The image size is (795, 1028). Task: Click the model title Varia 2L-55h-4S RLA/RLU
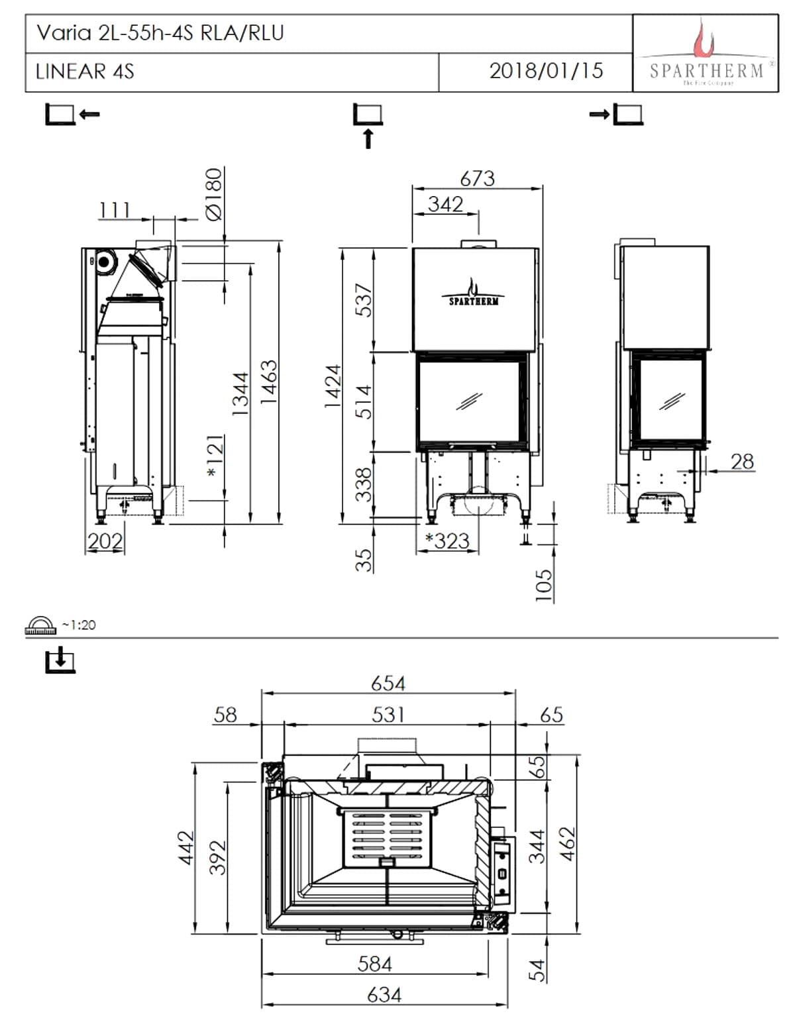160,33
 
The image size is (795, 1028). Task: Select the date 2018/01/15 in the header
546,71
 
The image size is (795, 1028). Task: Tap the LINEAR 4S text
85,72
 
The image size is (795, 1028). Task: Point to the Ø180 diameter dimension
213,193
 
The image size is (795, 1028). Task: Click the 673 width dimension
477,178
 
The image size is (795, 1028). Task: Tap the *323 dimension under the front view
447,540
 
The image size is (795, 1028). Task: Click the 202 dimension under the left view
105,541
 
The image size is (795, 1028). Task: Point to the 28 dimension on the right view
742,461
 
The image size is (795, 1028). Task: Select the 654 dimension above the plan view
388,683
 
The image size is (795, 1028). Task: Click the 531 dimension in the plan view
388,715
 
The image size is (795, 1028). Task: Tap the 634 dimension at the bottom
384,995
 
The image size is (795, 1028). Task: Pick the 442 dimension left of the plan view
185,847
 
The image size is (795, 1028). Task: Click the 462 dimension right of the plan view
568,846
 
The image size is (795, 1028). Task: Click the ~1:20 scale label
78,625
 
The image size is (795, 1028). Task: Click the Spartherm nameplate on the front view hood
474,294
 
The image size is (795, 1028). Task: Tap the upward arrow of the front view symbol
368,138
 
